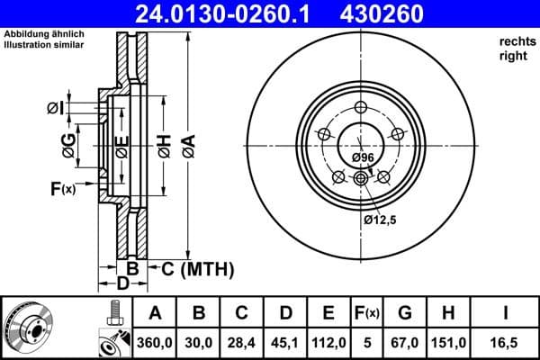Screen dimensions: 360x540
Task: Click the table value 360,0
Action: [155, 343]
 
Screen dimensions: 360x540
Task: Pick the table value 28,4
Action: [242, 343]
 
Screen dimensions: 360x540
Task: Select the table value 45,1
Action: [285, 343]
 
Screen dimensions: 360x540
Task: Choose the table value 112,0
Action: [329, 343]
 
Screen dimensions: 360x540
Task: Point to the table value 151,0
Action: [447, 343]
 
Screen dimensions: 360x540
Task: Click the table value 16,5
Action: [505, 343]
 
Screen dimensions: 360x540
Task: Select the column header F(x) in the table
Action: [366, 314]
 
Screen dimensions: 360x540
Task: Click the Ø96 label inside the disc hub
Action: [363, 157]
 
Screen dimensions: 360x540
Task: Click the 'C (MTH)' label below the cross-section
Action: [197, 268]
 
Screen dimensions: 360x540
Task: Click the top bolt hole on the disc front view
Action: [360, 110]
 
